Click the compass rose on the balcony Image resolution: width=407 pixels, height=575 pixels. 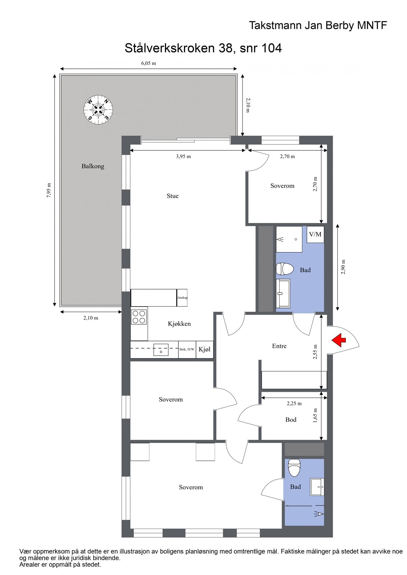98,110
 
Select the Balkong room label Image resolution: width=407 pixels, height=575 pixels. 93,166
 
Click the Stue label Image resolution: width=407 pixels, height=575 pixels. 173,196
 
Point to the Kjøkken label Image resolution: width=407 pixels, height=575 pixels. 179,324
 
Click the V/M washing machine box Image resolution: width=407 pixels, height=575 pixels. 315,234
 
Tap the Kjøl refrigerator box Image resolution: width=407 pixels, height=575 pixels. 205,350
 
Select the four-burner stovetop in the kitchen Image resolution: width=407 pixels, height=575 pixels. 139,317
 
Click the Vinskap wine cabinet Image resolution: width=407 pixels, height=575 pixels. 182,298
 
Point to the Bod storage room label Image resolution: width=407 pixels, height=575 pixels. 291,420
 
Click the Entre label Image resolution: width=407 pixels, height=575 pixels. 279,346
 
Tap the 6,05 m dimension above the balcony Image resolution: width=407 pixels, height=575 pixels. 148,63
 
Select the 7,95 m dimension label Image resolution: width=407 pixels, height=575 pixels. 49,190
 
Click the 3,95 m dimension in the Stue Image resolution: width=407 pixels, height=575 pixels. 183,157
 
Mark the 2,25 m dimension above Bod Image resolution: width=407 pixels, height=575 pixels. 294,404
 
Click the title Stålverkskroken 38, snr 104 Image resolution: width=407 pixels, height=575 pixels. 203,48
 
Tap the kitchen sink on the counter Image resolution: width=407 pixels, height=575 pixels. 161,350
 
